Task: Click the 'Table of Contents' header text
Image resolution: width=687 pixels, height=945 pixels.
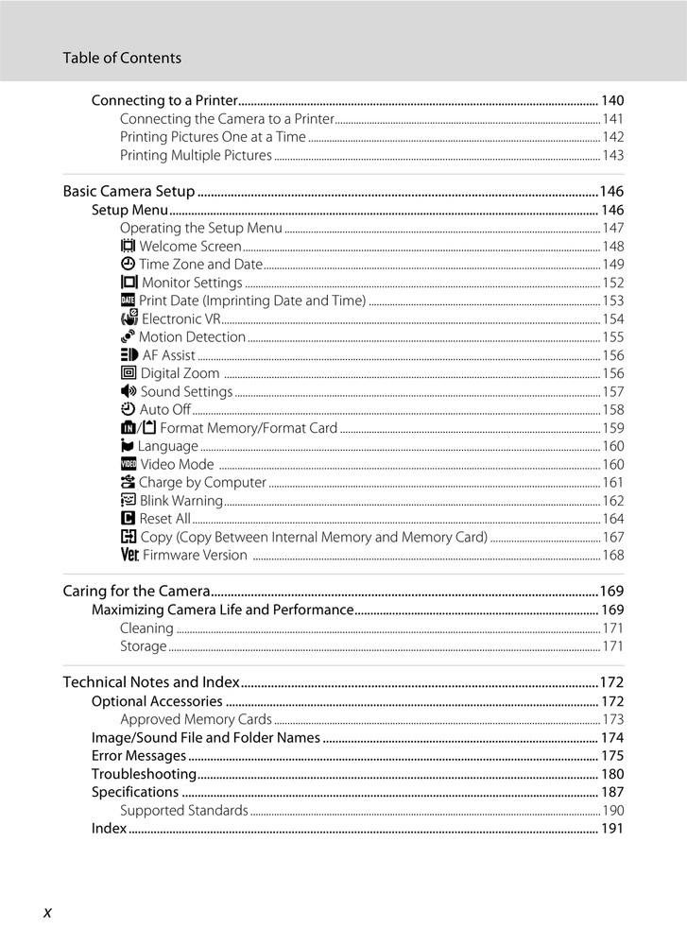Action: pos(122,58)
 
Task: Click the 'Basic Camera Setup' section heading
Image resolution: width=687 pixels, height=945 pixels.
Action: pos(129,191)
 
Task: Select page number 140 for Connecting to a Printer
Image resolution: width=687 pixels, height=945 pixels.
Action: pos(612,100)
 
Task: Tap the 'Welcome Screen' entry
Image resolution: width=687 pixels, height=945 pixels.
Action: pos(190,247)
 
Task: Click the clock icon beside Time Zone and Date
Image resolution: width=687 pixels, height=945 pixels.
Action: pos(128,265)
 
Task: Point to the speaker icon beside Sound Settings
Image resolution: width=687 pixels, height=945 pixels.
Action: pos(129,391)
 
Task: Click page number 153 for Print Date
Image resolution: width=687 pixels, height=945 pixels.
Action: pos(613,301)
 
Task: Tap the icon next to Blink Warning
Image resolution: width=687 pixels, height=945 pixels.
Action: pos(129,501)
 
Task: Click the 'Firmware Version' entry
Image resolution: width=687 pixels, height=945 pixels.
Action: pos(195,556)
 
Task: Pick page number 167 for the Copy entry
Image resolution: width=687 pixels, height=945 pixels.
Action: pos(613,538)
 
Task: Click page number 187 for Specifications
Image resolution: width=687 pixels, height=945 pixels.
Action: pos(612,792)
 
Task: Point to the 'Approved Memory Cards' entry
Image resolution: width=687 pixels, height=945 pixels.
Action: pos(196,720)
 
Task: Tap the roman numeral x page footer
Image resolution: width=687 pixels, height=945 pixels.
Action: pos(47,911)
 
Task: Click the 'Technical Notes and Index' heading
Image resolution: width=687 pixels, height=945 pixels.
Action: pos(151,682)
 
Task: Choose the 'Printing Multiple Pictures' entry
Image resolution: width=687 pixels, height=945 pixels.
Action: pos(196,155)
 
